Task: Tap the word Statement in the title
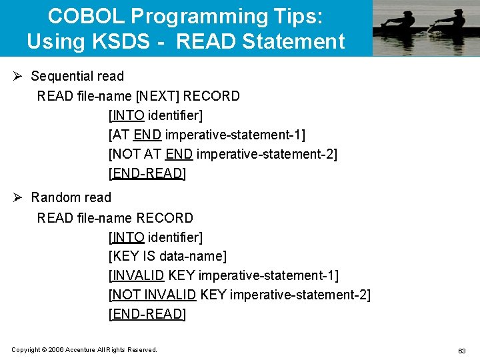pos(293,41)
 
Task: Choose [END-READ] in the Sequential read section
pos(147,174)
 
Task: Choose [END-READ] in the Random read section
pos(147,314)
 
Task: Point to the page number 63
pos(461,351)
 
